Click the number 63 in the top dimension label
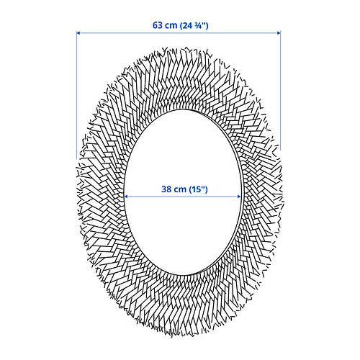(x=158, y=25)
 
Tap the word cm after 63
(x=171, y=25)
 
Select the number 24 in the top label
(x=187, y=25)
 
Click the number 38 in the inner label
(x=166, y=189)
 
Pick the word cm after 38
(x=180, y=189)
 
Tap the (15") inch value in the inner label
(x=198, y=189)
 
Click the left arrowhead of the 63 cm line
(x=78, y=33)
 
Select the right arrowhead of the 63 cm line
(x=279, y=33)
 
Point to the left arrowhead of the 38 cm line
(x=126, y=197)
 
